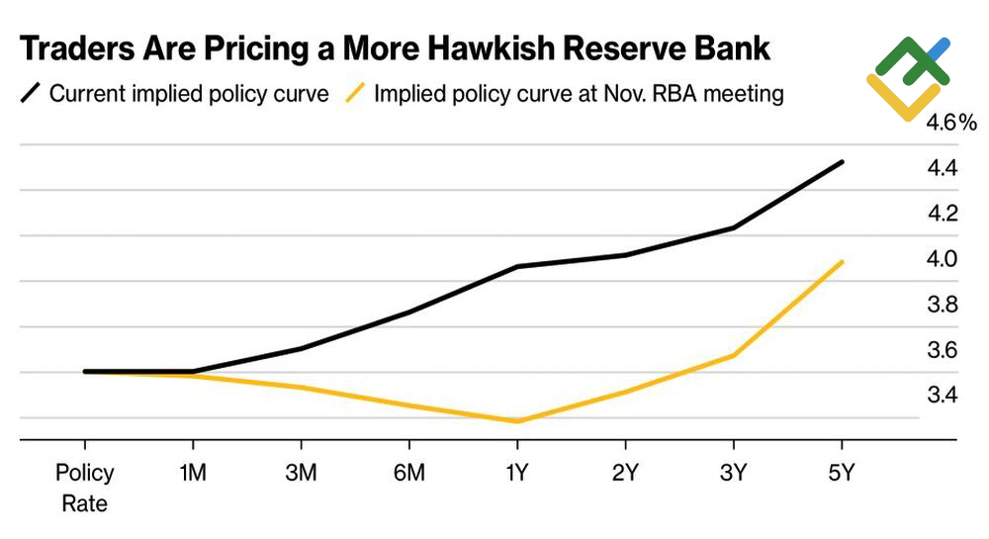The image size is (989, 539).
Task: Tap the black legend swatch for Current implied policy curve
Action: click(31, 94)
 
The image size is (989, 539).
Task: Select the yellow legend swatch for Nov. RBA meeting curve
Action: click(354, 94)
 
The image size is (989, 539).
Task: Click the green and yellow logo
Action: click(908, 78)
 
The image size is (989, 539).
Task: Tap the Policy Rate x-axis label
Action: click(84, 488)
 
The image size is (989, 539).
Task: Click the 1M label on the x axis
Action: click(192, 474)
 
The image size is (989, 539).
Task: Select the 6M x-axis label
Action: click(408, 474)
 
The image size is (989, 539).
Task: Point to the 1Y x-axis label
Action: click(516, 474)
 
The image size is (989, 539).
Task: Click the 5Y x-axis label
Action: click(842, 474)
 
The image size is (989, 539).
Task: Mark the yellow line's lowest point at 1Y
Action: click(516, 421)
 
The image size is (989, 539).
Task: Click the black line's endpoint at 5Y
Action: click(842, 162)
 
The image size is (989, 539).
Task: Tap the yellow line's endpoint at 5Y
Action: click(842, 262)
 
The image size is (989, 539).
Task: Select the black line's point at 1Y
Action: click(516, 267)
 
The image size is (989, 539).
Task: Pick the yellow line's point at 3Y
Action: click(733, 355)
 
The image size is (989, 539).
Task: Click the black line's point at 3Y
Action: click(733, 228)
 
